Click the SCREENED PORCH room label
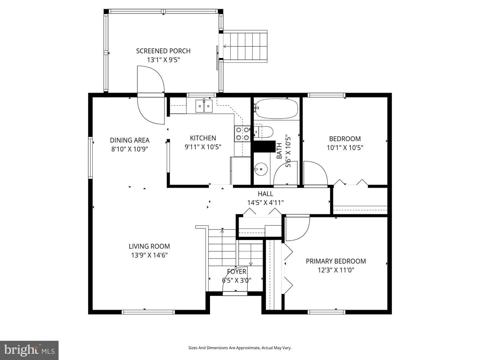pos(163,51)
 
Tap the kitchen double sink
pos(204,106)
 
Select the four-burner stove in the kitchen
pos(243,134)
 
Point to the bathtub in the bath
pos(276,108)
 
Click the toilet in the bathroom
pos(264,132)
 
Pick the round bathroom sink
pos(261,169)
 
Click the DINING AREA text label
pos(130,140)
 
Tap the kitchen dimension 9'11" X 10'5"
pos(203,147)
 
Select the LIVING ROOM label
pos(149,246)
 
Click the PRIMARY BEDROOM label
pos(336,261)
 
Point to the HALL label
pos(265,194)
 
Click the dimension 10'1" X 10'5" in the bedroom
pos(345,148)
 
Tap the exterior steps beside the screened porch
pos(245,46)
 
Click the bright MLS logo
pos(29,350)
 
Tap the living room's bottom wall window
pos(148,312)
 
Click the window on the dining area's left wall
pos(90,157)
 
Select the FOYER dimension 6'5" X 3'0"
pos(236,280)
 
